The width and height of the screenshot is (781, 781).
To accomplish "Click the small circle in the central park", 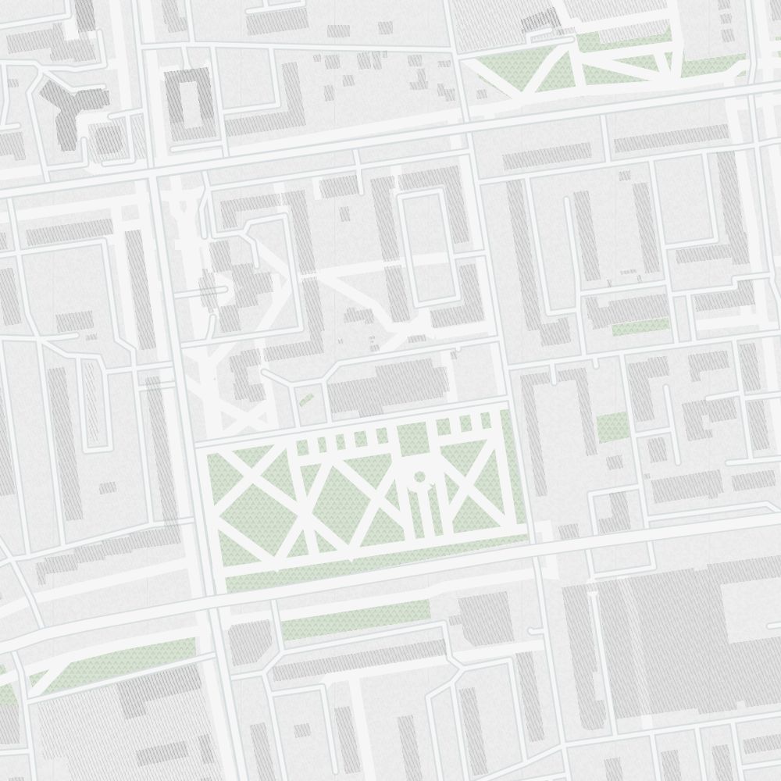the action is (x=419, y=476).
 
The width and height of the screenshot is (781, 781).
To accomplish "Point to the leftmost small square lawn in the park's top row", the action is (x=304, y=445).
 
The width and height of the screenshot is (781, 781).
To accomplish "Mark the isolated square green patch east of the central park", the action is (x=612, y=428).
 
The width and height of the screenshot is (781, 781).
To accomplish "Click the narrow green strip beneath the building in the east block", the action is (x=640, y=326).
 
